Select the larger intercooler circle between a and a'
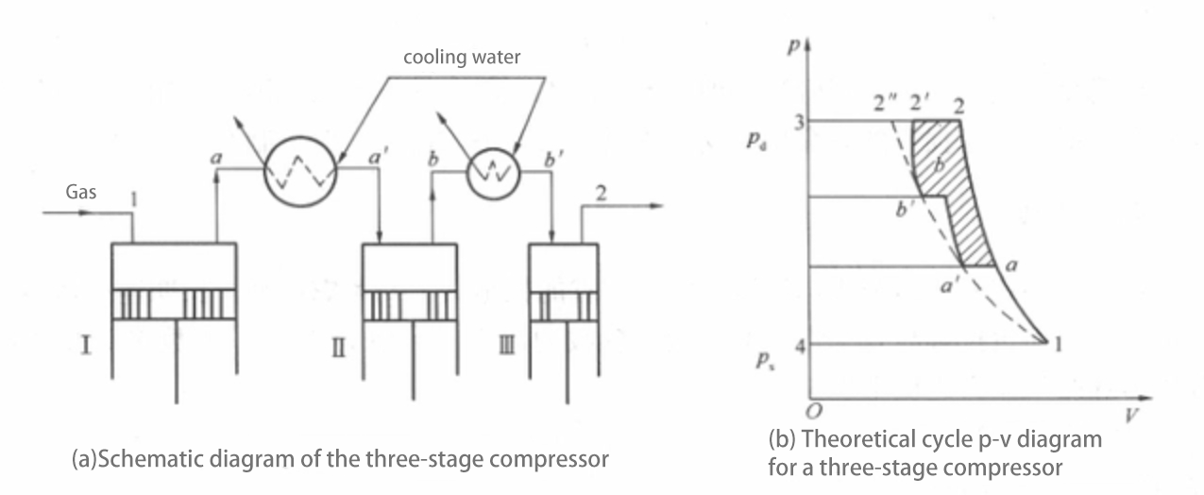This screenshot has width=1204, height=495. (x=299, y=168)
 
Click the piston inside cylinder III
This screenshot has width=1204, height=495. (x=564, y=307)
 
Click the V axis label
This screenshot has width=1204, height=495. (x=1128, y=414)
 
